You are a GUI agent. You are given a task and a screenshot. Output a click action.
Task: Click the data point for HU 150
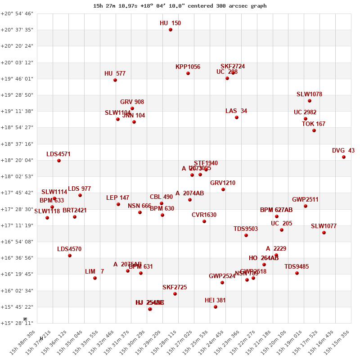click(171, 30)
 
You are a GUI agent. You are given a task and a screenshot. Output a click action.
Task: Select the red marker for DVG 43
click(344, 157)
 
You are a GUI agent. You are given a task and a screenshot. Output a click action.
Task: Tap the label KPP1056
click(188, 67)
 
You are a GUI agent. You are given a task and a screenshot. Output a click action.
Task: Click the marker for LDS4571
click(59, 161)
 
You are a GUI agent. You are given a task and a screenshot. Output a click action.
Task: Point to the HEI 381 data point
click(216, 307)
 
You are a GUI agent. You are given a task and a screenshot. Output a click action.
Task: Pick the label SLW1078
click(309, 94)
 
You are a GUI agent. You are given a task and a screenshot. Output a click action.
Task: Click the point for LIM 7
click(95, 278)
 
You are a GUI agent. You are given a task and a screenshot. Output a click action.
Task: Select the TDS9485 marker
click(297, 273)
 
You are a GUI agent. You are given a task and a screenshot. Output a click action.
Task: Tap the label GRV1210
click(223, 183)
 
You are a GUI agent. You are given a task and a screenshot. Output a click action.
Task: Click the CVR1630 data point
click(204, 221)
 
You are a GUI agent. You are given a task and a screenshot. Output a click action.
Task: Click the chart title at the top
click(180, 6)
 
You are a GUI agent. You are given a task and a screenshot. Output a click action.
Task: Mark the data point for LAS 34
click(237, 117)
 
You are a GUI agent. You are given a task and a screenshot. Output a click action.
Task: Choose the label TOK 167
click(314, 124)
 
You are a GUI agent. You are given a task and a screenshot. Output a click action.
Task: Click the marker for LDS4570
click(70, 256)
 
